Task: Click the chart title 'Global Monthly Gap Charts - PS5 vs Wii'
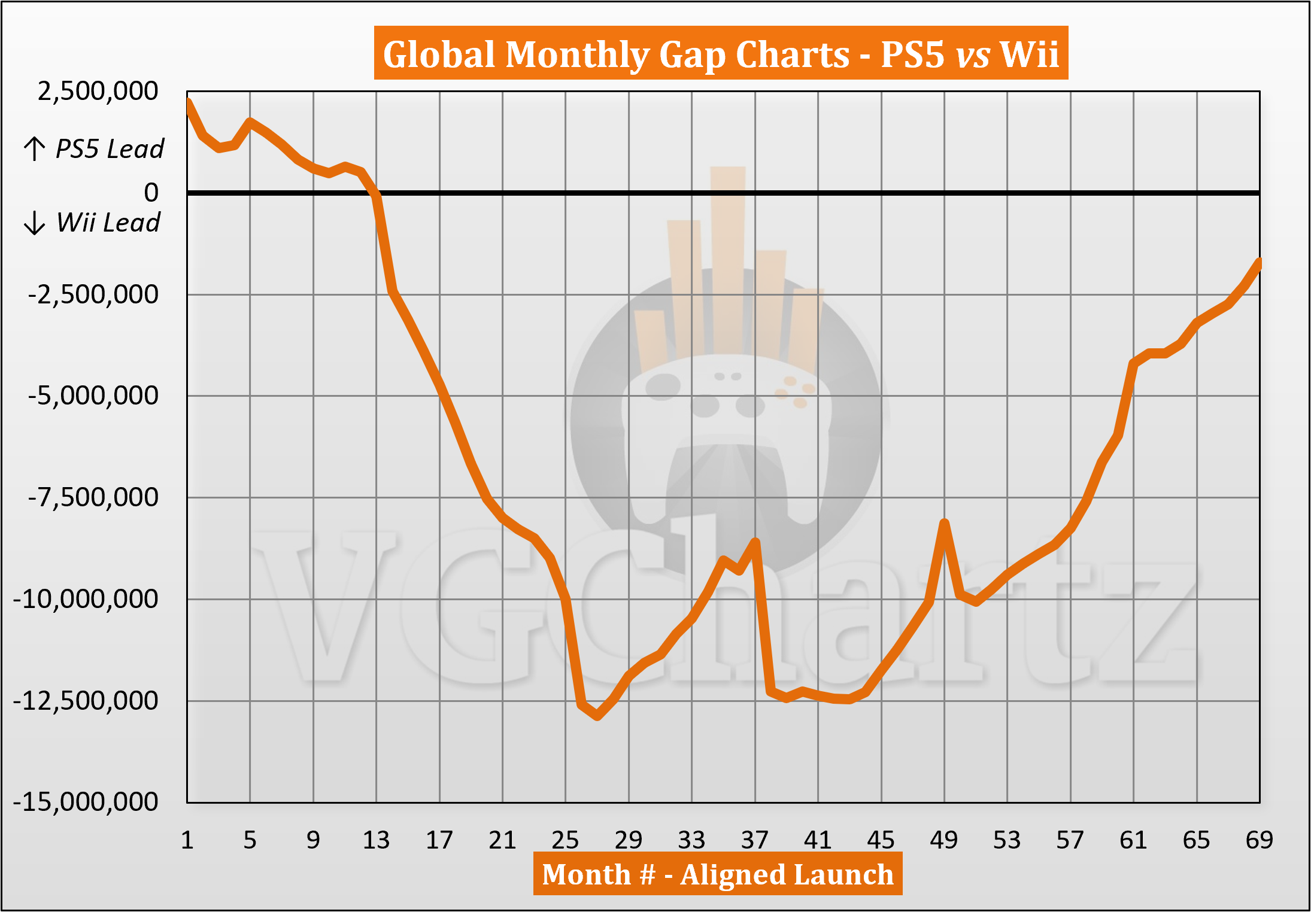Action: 721,54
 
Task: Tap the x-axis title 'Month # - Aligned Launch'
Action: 718,874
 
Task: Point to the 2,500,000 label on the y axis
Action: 98,92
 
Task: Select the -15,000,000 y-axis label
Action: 86,802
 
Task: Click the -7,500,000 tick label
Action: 93,497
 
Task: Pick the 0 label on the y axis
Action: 151,193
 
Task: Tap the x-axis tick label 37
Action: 755,840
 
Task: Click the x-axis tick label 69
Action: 1260,840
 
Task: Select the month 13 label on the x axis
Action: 376,840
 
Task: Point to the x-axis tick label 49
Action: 944,840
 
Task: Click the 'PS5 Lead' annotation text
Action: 110,148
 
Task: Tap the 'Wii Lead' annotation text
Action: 108,223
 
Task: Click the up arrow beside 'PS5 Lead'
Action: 35,149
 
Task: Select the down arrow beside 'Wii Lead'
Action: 35,223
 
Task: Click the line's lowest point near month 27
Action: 597,716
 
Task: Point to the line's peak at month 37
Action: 755,542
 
